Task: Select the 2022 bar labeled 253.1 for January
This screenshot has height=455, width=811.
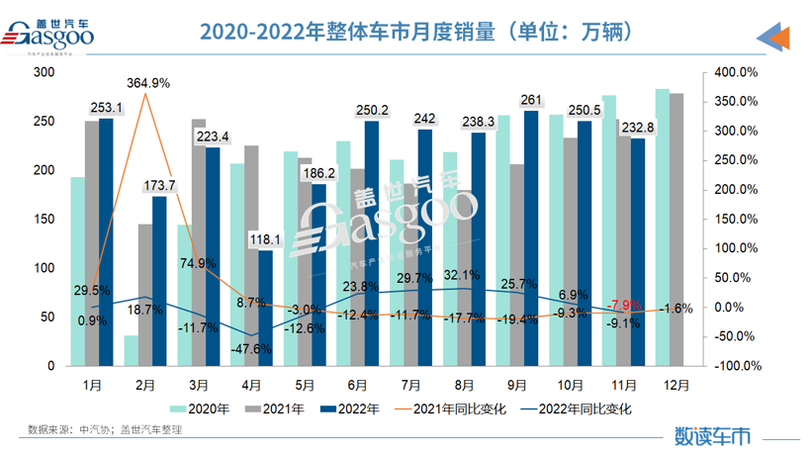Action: tap(106, 242)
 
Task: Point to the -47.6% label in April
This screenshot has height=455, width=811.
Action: tap(252, 349)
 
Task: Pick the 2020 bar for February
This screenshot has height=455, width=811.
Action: tap(131, 350)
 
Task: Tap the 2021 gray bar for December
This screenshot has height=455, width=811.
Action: tap(676, 229)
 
